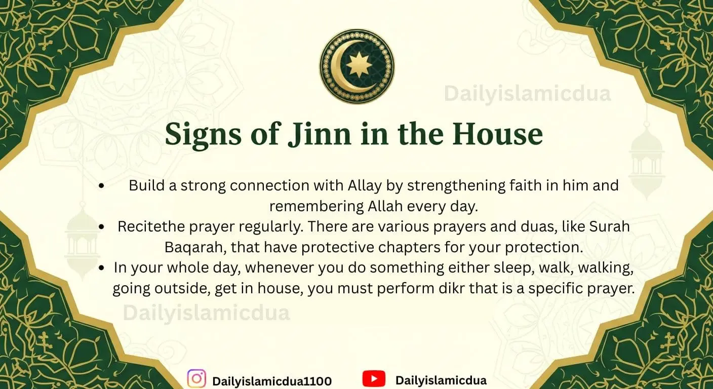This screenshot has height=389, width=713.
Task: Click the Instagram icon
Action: click(196, 379)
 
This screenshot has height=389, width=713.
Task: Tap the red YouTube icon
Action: click(374, 379)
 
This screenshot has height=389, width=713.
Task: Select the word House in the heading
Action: click(497, 134)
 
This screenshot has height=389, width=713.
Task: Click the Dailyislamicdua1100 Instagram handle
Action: click(272, 381)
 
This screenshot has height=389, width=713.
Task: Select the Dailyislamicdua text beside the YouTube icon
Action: click(441, 380)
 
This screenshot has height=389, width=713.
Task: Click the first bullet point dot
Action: click(101, 186)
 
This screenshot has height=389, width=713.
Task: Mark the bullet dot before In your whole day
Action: click(103, 268)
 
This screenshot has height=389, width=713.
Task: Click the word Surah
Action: click(610, 226)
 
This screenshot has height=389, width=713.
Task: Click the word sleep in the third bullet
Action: click(463, 267)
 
